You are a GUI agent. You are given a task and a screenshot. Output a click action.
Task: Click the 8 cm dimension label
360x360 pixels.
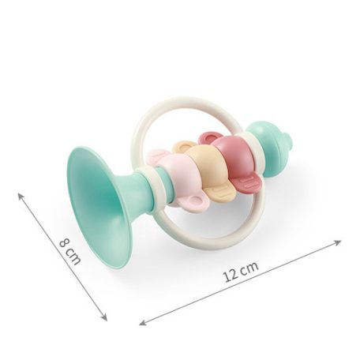click(x=69, y=252)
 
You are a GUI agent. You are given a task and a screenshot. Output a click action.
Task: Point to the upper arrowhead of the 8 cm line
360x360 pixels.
click(x=21, y=196)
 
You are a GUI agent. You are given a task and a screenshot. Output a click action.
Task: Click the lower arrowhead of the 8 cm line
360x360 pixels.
click(x=104, y=317)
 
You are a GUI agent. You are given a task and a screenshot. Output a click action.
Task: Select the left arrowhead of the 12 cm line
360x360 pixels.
click(x=143, y=322)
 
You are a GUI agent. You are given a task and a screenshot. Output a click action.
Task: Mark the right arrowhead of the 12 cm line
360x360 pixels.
click(x=338, y=242)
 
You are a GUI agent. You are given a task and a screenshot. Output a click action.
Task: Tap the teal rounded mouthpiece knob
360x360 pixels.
click(x=270, y=148)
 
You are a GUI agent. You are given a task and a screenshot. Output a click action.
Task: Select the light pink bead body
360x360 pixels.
click(x=182, y=179)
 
